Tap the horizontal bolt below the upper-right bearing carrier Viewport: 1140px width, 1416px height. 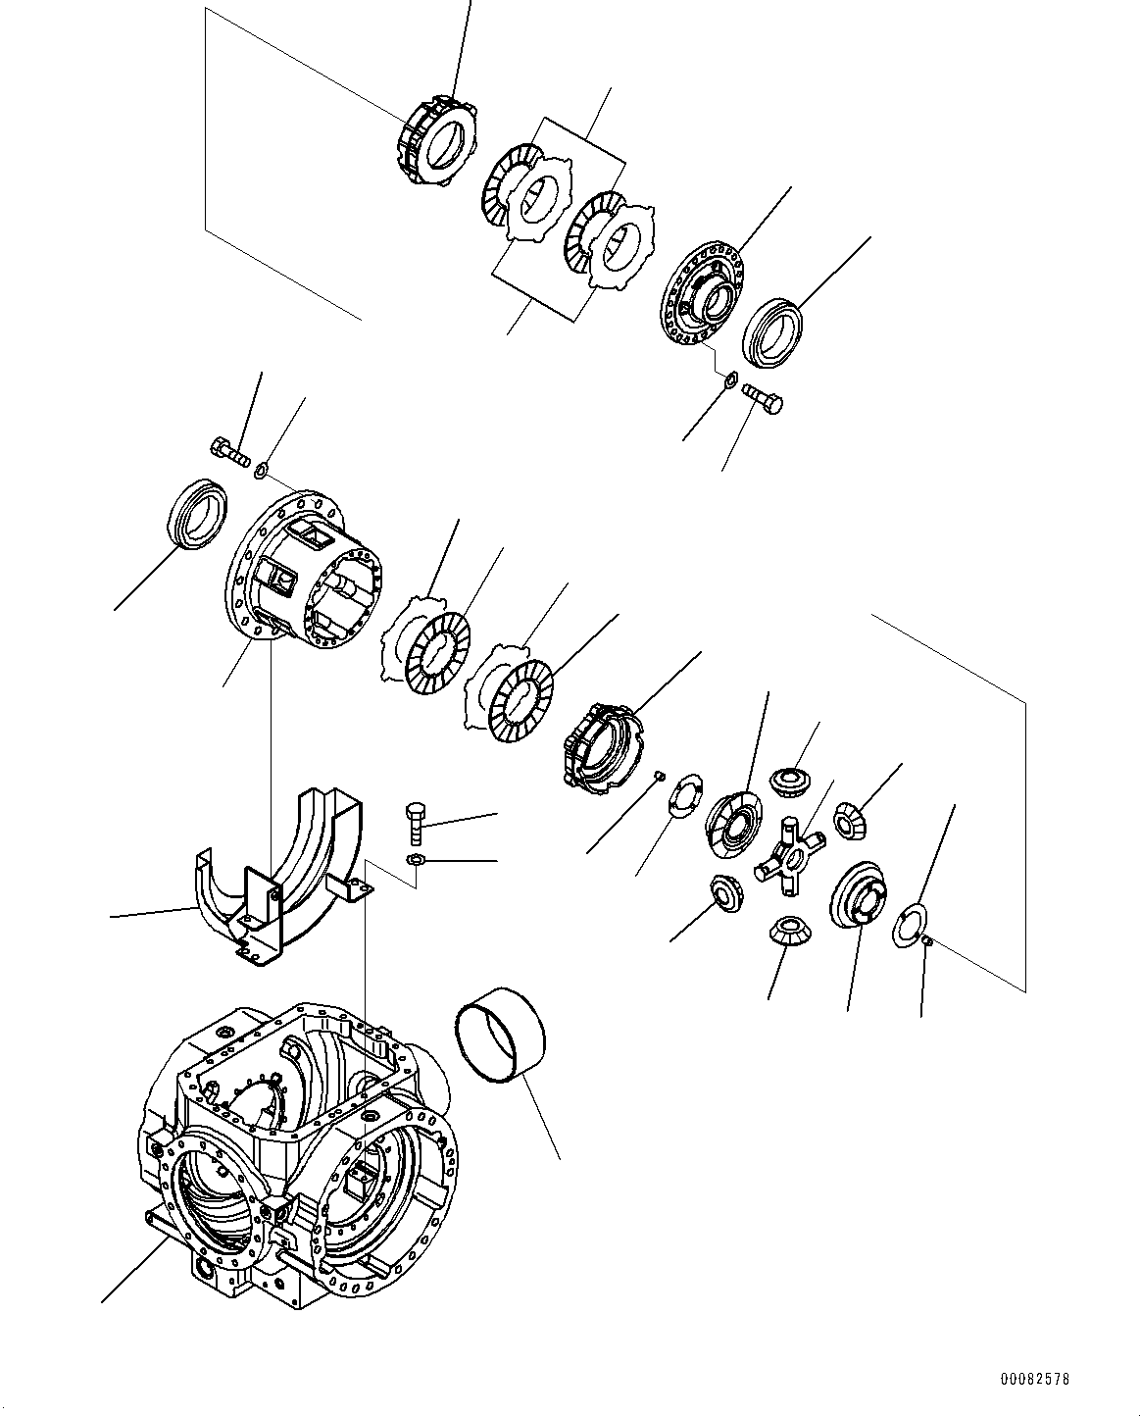(x=764, y=398)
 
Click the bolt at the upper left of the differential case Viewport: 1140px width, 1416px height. (x=230, y=453)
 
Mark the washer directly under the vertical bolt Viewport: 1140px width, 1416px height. (x=415, y=860)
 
